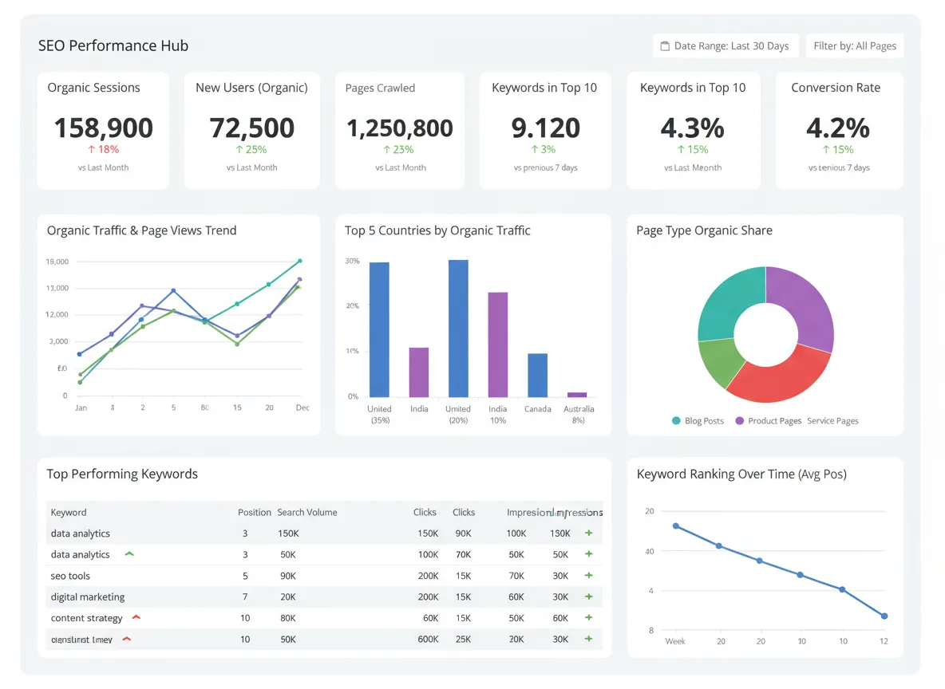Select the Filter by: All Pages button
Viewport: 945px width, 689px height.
[854, 45]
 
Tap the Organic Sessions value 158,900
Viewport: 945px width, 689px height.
[103, 128]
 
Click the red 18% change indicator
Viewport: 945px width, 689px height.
[103, 149]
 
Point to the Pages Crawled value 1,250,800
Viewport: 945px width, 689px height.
[399, 128]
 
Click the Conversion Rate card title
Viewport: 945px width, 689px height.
[836, 88]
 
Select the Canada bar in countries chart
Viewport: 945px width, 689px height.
[538, 375]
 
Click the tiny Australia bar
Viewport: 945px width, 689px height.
[577, 394]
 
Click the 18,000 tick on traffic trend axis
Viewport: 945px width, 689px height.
[57, 262]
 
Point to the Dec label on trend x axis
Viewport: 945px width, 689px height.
[302, 407]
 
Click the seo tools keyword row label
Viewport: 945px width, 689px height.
[70, 576]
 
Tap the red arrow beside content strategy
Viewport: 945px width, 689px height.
[136, 617]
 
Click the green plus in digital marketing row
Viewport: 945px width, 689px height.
[589, 596]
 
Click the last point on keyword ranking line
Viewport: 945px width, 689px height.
[884, 616]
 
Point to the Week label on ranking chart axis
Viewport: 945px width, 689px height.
[675, 641]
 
